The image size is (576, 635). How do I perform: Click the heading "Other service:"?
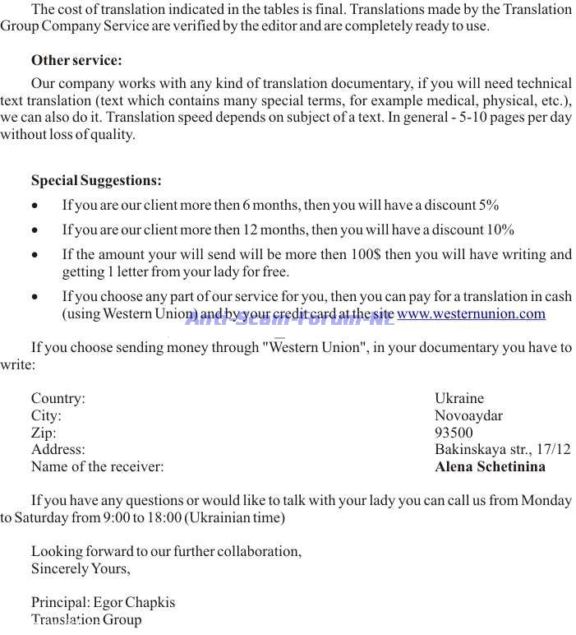point(76,60)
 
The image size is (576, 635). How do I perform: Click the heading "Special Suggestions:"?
point(96,180)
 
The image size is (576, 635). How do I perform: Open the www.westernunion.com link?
point(471,313)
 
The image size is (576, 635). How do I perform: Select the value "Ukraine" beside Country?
point(459,398)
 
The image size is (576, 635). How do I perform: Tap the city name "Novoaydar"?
point(468,415)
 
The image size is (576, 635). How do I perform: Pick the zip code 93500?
point(454,433)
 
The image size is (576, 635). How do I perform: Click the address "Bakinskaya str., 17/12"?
point(502,449)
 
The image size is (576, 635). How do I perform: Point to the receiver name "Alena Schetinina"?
point(490,466)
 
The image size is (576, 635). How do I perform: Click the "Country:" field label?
point(58,398)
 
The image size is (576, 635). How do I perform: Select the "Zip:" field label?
point(44,433)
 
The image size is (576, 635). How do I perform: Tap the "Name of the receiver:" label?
point(97,466)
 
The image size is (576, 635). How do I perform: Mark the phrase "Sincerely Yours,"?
point(81,568)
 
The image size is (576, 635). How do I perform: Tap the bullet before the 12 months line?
point(35,231)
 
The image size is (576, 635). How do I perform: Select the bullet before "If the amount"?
point(35,256)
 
